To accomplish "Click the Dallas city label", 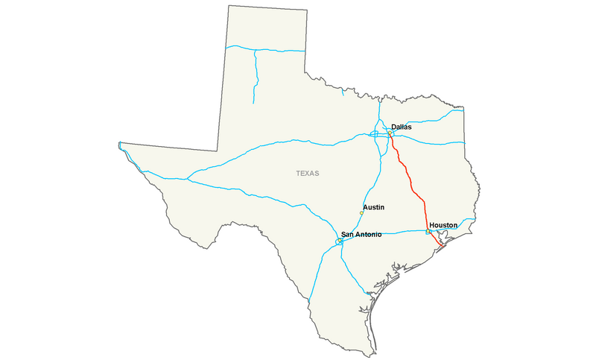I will [401, 127].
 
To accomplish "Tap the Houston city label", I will [443, 224].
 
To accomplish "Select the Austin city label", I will [374, 206].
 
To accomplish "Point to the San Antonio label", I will [361, 234].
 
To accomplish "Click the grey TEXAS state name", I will [307, 173].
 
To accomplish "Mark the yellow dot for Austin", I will [361, 213].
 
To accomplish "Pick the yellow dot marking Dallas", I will [390, 133].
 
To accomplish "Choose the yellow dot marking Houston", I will [428, 232].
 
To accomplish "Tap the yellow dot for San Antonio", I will [339, 240].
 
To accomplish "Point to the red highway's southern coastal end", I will [443, 246].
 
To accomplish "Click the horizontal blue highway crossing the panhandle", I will [279, 50].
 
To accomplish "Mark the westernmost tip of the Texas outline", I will [119, 143].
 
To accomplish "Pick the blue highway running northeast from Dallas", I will [425, 119].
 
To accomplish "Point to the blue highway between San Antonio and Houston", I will [387, 233].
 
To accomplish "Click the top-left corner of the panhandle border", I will [227, 5].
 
